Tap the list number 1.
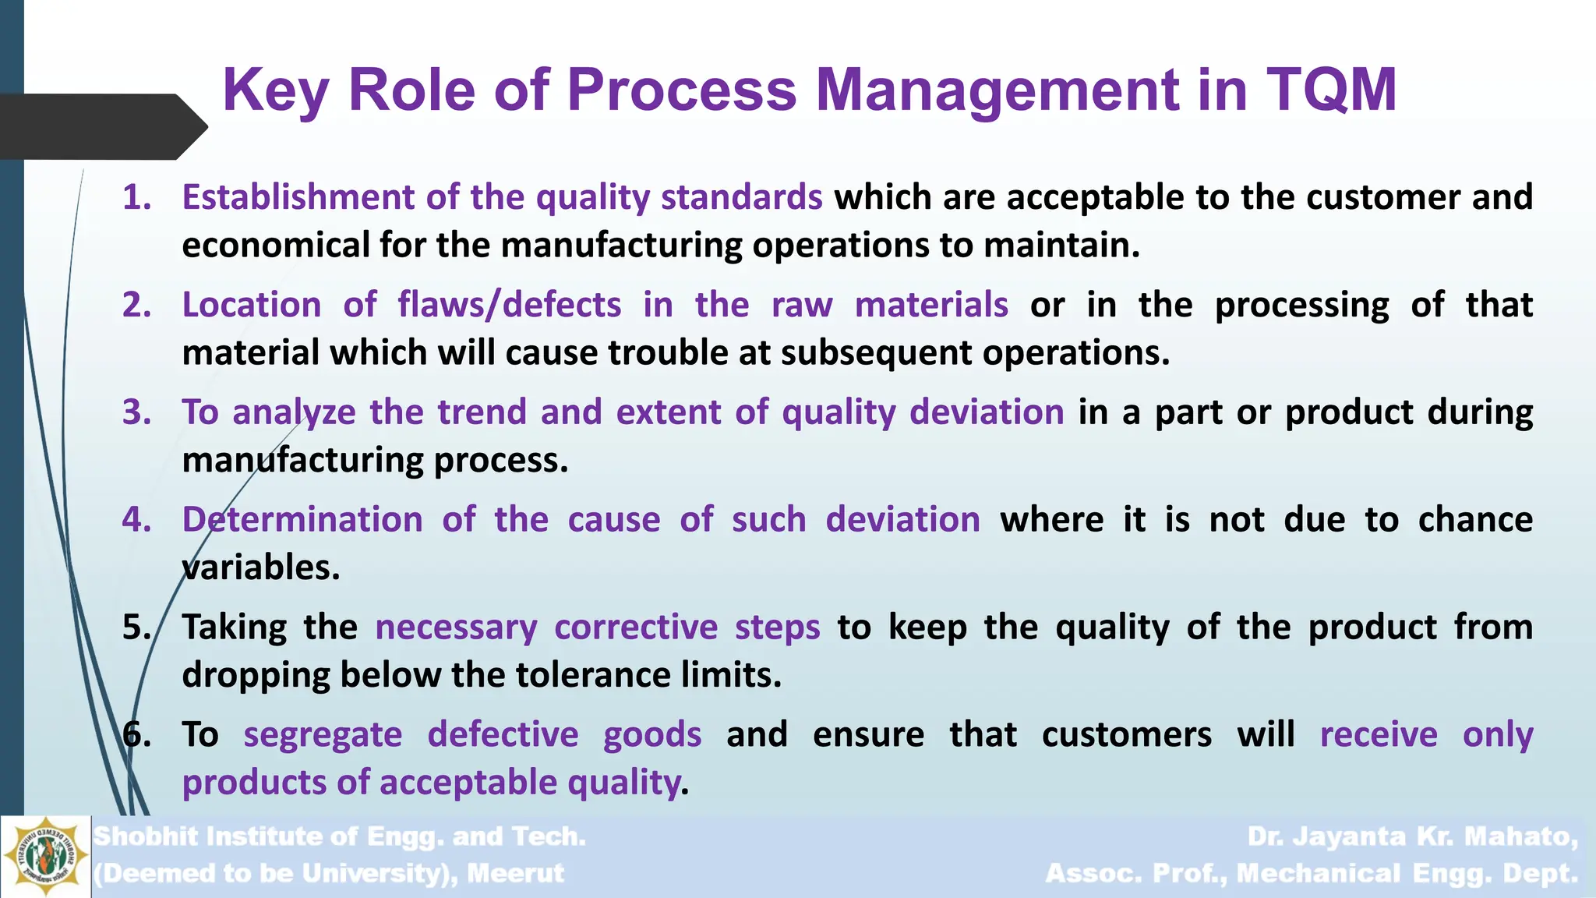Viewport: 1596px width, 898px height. (x=136, y=197)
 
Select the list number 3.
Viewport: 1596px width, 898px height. (x=136, y=412)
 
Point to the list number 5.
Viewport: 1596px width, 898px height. (x=136, y=628)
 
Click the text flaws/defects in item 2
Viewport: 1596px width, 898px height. (x=510, y=305)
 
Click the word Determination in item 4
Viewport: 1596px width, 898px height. (x=302, y=520)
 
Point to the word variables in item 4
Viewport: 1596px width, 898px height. (x=261, y=567)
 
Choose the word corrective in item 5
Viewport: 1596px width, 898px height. (x=636, y=628)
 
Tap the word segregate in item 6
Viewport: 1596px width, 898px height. (x=323, y=735)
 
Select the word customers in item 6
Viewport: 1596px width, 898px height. (x=1127, y=735)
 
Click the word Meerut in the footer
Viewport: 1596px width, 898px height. (x=516, y=873)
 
